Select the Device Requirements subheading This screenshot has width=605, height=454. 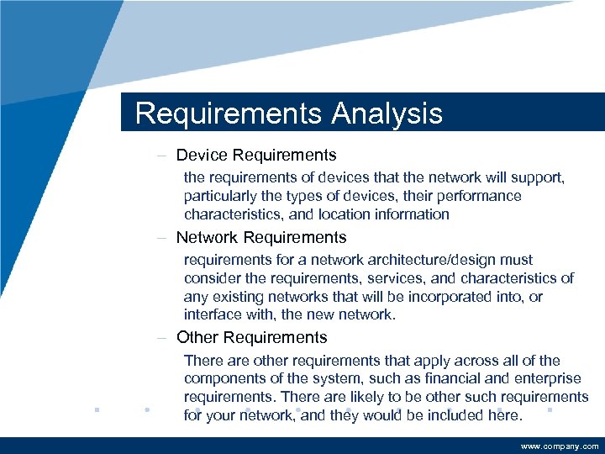pyautogui.click(x=256, y=156)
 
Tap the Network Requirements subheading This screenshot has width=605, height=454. pyautogui.click(x=261, y=238)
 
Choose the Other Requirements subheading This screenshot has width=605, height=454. pyautogui.click(x=251, y=338)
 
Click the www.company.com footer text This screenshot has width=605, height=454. pyautogui.click(x=560, y=446)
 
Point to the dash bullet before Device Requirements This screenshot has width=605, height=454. pyautogui.click(x=160, y=156)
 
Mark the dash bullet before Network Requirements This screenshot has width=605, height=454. pyautogui.click(x=160, y=238)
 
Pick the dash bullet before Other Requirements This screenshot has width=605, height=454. pyautogui.click(x=160, y=338)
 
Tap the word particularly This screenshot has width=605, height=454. pyautogui.click(x=222, y=196)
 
